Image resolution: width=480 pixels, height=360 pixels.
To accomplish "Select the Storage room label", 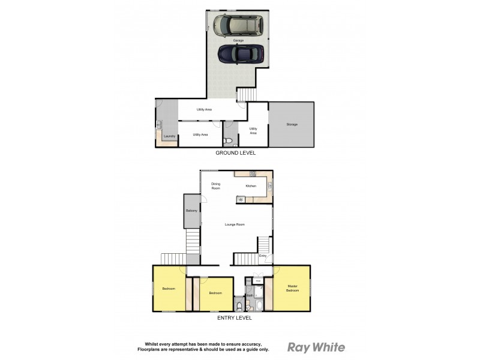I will coord(292,124).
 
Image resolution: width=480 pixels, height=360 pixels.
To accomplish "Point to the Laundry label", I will coord(169,137).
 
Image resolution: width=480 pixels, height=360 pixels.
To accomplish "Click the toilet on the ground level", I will coord(228,141).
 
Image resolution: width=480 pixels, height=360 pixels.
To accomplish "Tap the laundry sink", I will coord(160,125).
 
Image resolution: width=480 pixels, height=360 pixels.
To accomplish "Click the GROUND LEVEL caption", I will coord(236,153).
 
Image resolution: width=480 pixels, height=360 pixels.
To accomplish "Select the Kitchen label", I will coord(251,186).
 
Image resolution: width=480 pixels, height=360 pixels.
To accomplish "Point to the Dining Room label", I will coord(215,186).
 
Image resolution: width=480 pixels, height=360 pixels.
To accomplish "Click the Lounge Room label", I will coord(235,224).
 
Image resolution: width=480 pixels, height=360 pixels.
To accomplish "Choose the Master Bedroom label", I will coord(292,288).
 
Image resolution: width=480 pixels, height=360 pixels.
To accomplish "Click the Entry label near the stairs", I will coord(263,256).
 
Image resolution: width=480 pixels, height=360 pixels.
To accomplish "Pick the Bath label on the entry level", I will coord(248,296).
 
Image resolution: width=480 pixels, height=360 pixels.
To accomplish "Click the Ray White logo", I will coord(316,346).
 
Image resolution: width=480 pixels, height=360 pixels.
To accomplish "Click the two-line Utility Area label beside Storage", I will coord(253,130).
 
